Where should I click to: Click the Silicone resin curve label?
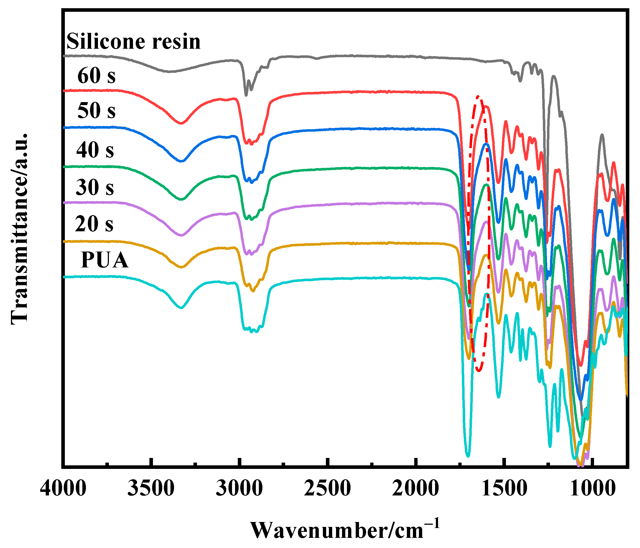(x=134, y=42)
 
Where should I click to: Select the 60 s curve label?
(x=96, y=76)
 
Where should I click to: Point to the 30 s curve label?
(x=95, y=187)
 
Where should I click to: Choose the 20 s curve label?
(x=94, y=224)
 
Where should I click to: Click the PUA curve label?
(x=105, y=260)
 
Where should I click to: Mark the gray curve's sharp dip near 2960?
(x=246, y=95)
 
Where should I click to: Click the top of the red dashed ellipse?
(x=478, y=96)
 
